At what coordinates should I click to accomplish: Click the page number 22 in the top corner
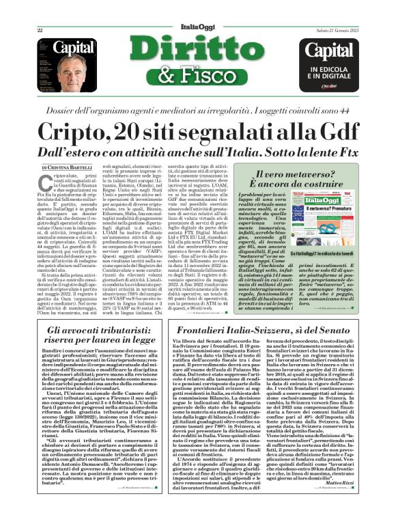click(x=40, y=30)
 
